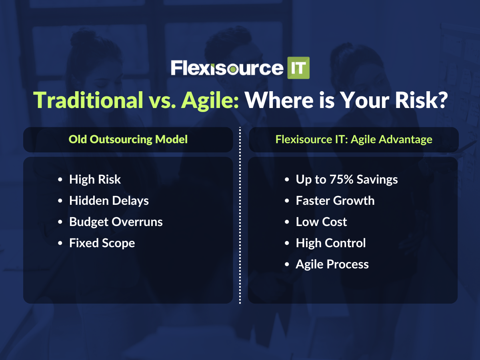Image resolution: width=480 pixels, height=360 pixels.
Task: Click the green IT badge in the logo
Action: [x=298, y=68]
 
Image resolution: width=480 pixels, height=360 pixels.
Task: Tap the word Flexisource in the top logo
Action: [x=227, y=68]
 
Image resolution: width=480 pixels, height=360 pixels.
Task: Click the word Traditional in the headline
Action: [x=88, y=100]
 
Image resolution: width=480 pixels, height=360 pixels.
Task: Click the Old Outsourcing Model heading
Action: [x=128, y=139]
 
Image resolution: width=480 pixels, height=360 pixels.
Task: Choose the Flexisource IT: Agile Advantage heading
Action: [x=354, y=140]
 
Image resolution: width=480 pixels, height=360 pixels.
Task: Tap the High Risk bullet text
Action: [x=95, y=180]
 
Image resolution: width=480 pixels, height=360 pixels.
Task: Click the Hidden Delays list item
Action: [x=109, y=201]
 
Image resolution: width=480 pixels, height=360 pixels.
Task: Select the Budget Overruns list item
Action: [x=116, y=222]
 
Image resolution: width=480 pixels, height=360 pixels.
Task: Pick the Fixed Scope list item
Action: [x=102, y=243]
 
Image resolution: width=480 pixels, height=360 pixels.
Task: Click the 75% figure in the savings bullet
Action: [x=341, y=180]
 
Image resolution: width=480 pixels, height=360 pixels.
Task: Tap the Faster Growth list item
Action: [x=335, y=201]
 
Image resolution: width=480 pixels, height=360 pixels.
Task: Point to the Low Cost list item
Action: [x=321, y=222]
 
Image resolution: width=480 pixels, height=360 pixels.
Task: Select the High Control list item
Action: [x=331, y=243]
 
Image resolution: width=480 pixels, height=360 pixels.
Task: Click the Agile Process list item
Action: [x=332, y=264]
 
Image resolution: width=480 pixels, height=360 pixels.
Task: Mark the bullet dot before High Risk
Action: [x=60, y=180]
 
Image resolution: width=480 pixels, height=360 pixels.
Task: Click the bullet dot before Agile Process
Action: [x=287, y=264]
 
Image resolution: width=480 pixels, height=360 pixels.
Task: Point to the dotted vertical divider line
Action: [x=240, y=215]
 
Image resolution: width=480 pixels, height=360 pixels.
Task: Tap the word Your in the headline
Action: [x=364, y=100]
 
